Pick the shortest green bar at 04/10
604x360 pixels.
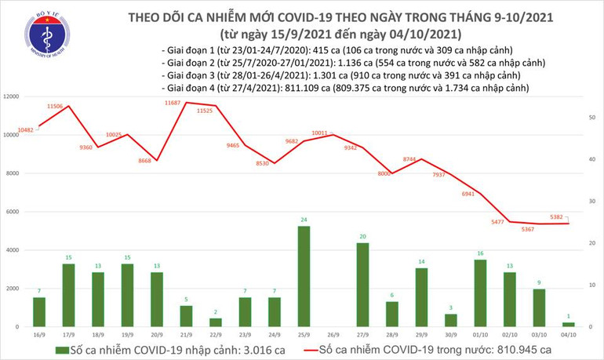coord(567,324)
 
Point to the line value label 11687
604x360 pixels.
coord(173,103)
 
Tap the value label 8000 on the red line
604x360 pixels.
coord(384,173)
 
